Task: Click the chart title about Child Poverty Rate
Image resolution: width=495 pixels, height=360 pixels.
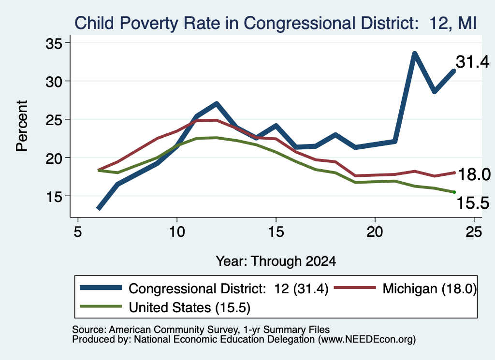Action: [275, 23]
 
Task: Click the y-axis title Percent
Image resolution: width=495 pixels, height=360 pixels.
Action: [22, 126]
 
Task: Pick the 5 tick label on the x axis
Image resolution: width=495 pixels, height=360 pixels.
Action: [78, 232]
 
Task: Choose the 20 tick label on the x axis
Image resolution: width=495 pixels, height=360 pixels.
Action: [375, 232]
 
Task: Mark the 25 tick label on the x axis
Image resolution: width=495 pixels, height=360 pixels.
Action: [474, 232]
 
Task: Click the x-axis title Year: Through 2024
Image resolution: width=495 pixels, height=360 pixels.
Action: [276, 261]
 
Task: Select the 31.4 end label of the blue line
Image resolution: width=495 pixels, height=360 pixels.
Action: [472, 62]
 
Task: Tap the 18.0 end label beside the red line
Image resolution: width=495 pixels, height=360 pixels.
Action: [474, 174]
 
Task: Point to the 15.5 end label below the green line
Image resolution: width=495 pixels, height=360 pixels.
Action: [473, 203]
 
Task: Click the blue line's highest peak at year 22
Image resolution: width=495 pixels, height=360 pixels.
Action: [415, 53]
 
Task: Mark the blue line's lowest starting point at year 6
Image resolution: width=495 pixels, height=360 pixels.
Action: [99, 209]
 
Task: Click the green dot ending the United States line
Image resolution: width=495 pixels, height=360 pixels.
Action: [454, 192]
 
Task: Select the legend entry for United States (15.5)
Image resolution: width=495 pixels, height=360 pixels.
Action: [165, 307]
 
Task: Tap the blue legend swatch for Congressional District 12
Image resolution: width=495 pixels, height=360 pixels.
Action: [101, 288]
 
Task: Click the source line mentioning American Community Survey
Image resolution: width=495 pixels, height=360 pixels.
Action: [201, 330]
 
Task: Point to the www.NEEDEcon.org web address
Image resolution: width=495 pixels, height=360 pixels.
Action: [367, 339]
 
